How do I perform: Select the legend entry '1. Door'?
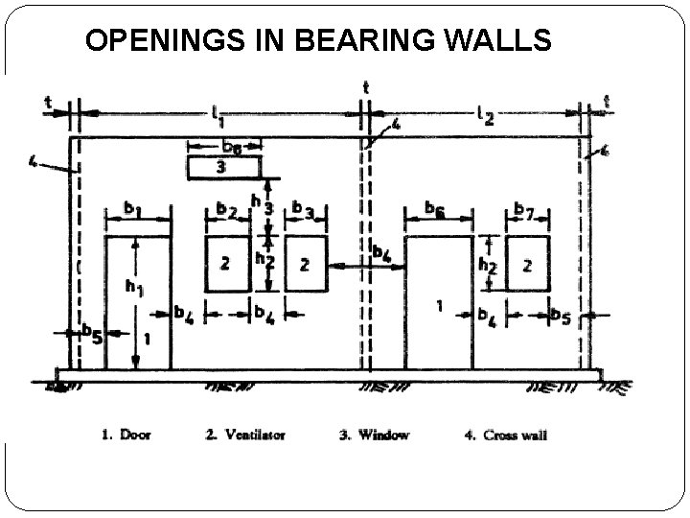125,435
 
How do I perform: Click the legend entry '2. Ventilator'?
244,435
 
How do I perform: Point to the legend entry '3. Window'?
374,435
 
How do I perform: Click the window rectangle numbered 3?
224,167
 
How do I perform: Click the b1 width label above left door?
134,207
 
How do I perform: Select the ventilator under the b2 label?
227,264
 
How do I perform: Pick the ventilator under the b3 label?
306,264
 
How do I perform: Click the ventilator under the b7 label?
527,264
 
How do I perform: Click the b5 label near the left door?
91,333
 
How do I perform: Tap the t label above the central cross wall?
365,86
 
